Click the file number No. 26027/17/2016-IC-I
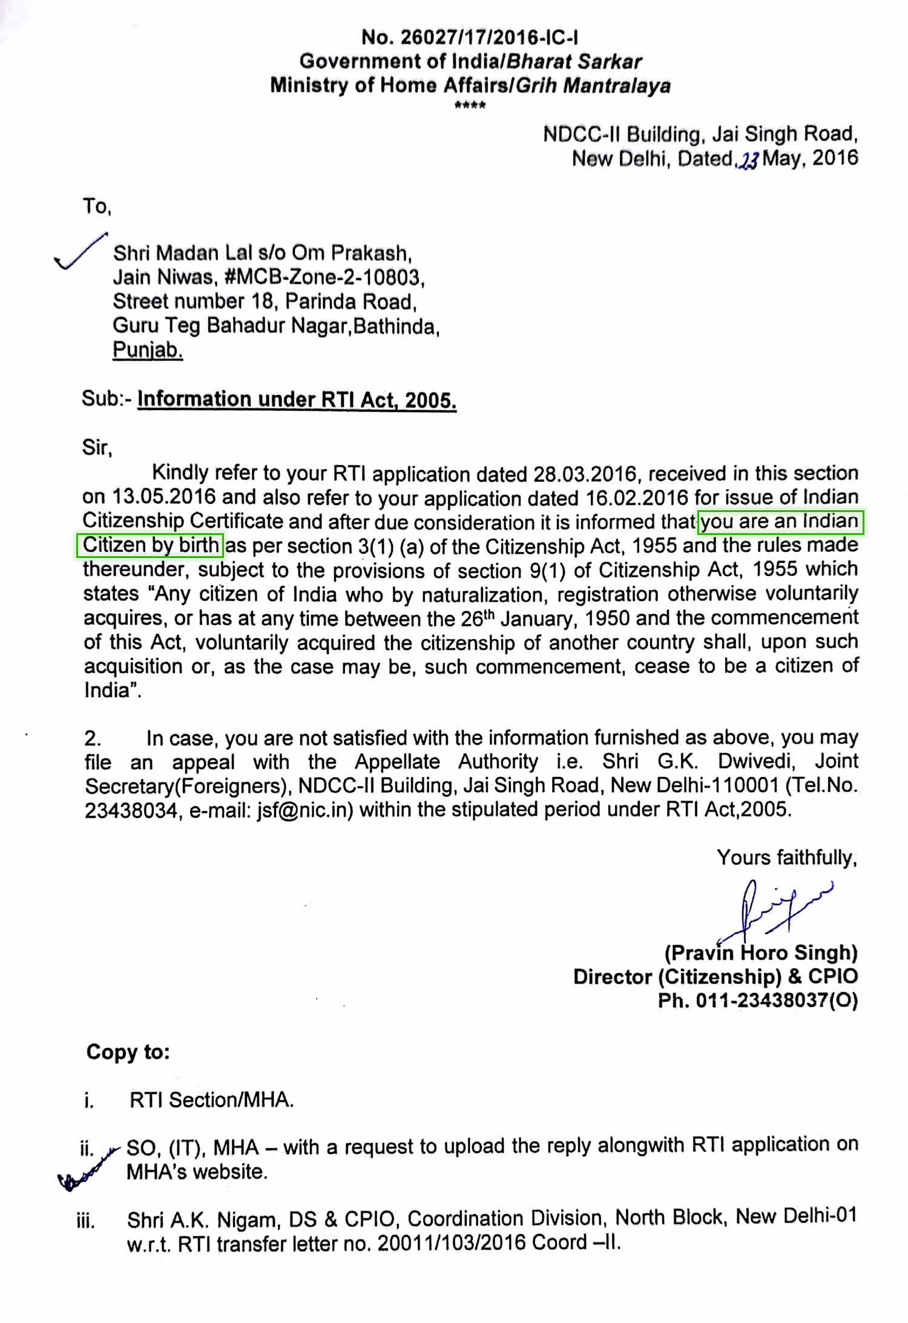[470, 38]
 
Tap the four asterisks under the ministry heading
[470, 107]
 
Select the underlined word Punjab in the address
[148, 350]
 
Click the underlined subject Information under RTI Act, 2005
[297, 400]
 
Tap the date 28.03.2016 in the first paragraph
[584, 474]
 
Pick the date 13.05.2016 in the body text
[164, 497]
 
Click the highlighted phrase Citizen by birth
[151, 545]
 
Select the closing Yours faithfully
[786, 858]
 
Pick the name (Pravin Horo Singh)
[761, 953]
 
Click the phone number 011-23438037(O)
[777, 1001]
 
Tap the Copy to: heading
[128, 1052]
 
